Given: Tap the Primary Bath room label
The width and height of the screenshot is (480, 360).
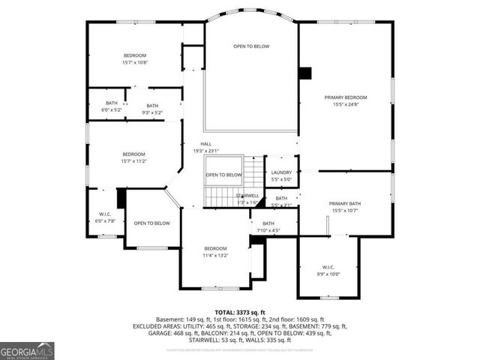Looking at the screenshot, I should [x=345, y=207].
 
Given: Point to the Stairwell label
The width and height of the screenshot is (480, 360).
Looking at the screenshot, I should [x=247, y=199].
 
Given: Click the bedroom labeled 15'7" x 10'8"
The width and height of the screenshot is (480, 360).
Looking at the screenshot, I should [x=135, y=59].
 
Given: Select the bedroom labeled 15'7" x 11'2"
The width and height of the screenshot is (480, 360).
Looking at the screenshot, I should [x=133, y=157].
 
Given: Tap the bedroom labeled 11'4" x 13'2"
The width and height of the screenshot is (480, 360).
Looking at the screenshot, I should [x=215, y=252].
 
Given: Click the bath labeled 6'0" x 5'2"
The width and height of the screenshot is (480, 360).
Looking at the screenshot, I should [x=111, y=106].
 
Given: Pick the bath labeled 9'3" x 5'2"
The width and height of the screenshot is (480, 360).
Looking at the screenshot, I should [x=152, y=109].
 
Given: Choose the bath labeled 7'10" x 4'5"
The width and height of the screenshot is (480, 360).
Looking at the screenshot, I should [x=268, y=227].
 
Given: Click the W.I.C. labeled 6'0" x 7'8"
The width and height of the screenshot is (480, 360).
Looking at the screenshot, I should [x=105, y=217].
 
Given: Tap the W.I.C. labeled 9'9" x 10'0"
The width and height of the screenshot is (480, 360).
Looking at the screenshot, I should [x=328, y=270].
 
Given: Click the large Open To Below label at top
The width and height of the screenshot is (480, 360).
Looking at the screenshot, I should [x=251, y=46].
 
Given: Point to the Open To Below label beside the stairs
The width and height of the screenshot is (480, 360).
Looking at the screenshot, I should [x=224, y=175].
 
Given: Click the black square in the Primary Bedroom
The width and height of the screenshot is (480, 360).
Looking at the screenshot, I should [x=304, y=73].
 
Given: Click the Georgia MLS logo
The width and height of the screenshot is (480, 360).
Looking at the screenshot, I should [x=27, y=349].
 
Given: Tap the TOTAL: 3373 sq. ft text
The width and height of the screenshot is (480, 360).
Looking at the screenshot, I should [x=240, y=312].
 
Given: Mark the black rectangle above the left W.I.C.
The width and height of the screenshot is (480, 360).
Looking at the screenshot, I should [x=121, y=197].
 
